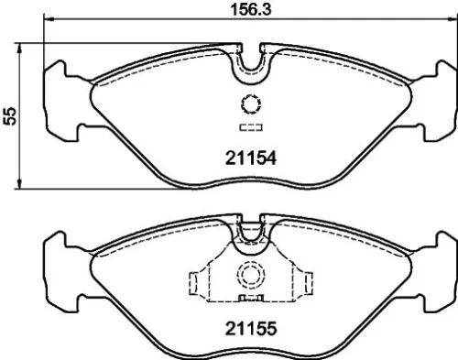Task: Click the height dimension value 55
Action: pyautogui.click(x=10, y=115)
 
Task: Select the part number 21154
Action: pyautogui.click(x=250, y=157)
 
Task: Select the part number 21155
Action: pyautogui.click(x=250, y=326)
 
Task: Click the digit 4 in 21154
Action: pyautogui.click(x=271, y=157)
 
